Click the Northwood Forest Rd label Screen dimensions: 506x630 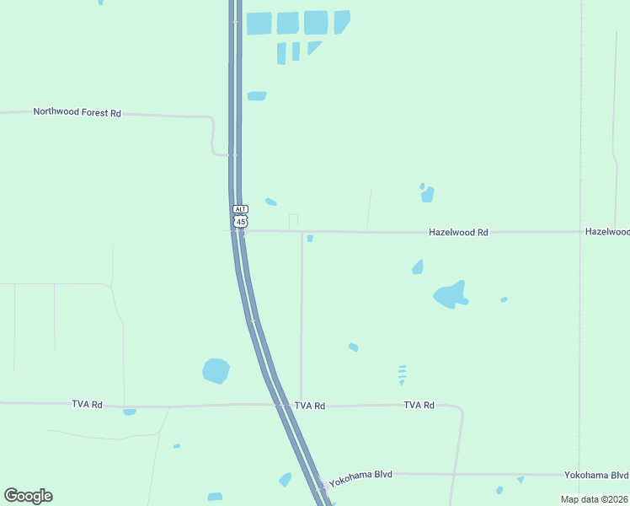pyautogui.click(x=77, y=112)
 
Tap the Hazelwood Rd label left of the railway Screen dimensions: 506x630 pyautogui.click(x=458, y=232)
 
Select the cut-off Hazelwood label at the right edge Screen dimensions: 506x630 pyautogui.click(x=607, y=231)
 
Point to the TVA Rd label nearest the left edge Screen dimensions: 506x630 pyautogui.click(x=87, y=405)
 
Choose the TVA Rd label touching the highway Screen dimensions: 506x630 pyautogui.click(x=309, y=406)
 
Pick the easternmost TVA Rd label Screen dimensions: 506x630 pyautogui.click(x=419, y=406)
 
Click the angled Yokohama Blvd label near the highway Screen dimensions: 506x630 pyautogui.click(x=360, y=479)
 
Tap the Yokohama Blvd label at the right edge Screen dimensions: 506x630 pyautogui.click(x=596, y=474)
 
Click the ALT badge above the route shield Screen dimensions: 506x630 pyautogui.click(x=241, y=209)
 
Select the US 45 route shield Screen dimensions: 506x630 pyautogui.click(x=241, y=221)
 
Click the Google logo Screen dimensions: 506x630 pyautogui.click(x=28, y=496)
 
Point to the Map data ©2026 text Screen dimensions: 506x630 pyautogui.click(x=595, y=499)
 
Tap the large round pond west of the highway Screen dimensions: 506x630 pyautogui.click(x=216, y=370)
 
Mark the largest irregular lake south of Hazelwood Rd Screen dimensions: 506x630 pyautogui.click(x=450, y=294)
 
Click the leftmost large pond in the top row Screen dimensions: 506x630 pyautogui.click(x=259, y=24)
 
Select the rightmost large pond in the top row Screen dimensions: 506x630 pyautogui.click(x=340, y=22)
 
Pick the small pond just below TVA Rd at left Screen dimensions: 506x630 pyautogui.click(x=129, y=412)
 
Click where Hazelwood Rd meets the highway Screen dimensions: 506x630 pyautogui.click(x=241, y=231)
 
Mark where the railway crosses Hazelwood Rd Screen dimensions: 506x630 pyautogui.click(x=579, y=232)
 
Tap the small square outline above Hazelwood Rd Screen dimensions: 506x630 pyautogui.click(x=293, y=221)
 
